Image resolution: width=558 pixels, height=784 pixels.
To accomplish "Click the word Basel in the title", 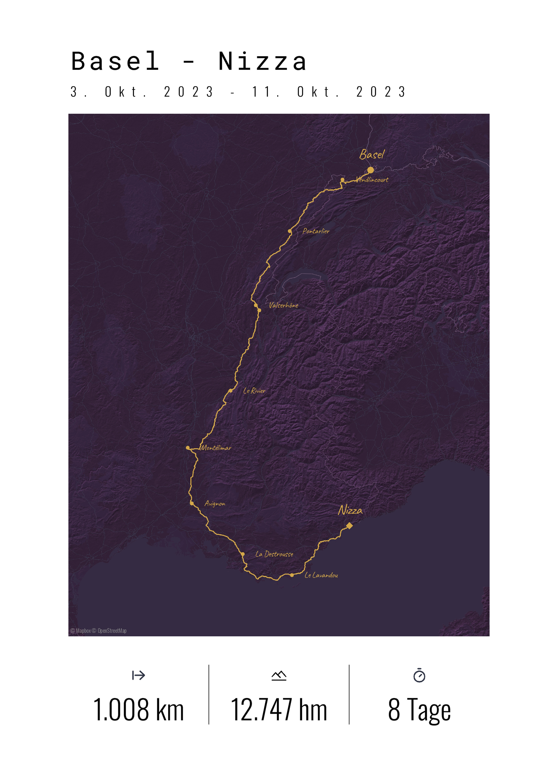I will [116, 61].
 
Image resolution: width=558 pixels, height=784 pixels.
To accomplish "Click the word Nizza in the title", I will [262, 61].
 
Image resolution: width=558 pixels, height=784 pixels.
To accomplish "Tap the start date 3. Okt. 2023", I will [142, 92].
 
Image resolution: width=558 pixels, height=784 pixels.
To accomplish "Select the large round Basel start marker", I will [370, 170].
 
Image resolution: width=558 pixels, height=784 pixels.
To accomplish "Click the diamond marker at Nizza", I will [349, 526].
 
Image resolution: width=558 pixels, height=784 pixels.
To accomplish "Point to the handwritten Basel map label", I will [372, 154].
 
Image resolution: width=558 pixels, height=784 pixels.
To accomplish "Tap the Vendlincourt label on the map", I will [372, 180].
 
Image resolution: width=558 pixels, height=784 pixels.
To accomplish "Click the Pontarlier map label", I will [316, 231].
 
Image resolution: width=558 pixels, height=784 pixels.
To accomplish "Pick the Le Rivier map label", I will [254, 391].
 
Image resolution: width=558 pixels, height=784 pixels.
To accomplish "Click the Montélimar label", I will [216, 448].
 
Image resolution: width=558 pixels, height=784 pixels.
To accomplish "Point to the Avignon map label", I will [215, 504].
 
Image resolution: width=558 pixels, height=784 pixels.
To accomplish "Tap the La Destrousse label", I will [274, 554].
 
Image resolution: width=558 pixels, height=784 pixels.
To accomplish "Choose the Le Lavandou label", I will [321, 575].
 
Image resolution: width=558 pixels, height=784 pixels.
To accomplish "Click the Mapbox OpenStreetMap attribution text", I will [98, 631].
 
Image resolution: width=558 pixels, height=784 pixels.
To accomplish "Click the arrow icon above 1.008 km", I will [139, 675].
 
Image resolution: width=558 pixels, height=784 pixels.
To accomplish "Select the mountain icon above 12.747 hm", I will [279, 676].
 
